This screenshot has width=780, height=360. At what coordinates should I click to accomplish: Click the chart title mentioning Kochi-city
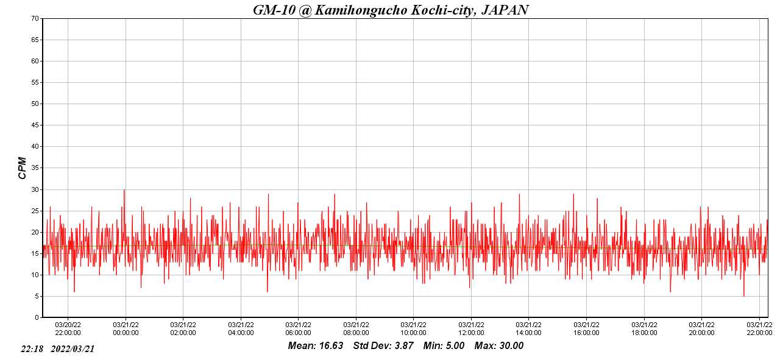(391, 10)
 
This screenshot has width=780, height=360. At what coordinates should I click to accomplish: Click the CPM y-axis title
(23, 168)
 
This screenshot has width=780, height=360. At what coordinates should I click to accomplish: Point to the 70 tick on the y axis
(35, 18)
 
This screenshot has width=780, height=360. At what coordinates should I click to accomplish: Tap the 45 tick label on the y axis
(35, 125)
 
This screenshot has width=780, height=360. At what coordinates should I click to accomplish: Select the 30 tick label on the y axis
(35, 189)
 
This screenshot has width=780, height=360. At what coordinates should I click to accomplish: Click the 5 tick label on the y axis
(37, 297)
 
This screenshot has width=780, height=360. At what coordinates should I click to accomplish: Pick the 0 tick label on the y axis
(37, 317)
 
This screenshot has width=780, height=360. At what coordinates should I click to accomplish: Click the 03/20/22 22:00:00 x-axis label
(68, 329)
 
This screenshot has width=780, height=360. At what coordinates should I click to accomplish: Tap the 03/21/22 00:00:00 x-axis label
(126, 329)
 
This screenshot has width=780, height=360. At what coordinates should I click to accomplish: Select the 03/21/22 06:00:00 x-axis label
(299, 329)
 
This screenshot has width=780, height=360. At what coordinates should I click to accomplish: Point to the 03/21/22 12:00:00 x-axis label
(471, 329)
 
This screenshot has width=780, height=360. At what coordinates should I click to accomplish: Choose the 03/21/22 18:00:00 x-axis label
(644, 329)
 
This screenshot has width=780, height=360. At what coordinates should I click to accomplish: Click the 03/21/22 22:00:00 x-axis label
(759, 329)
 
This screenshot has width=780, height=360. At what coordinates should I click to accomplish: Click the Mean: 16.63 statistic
(316, 346)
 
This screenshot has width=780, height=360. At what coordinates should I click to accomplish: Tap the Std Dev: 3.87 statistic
(383, 346)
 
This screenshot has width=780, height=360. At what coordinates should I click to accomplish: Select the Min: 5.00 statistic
(444, 346)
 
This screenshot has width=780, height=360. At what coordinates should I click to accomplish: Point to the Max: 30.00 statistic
(498, 346)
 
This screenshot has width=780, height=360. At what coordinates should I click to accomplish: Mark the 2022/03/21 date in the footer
(73, 349)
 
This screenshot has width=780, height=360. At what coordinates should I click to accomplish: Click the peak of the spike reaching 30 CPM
(124, 189)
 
